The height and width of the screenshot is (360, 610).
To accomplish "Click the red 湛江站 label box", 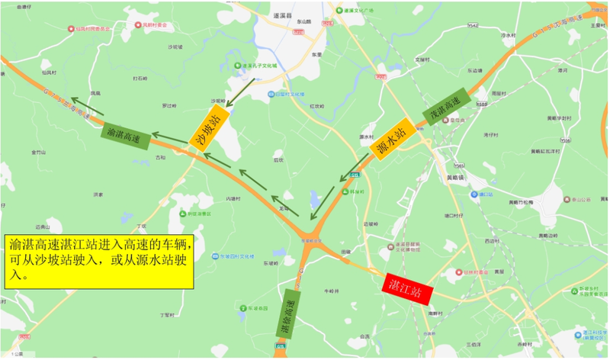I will [407, 289].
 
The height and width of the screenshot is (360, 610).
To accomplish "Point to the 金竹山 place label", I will [40, 153].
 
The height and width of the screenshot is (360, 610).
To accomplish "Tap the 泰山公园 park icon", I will [566, 201].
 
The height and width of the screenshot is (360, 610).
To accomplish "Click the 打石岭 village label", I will [140, 78].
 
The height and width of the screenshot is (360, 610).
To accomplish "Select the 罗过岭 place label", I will [169, 105].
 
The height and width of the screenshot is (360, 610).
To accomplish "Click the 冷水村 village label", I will [509, 35].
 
